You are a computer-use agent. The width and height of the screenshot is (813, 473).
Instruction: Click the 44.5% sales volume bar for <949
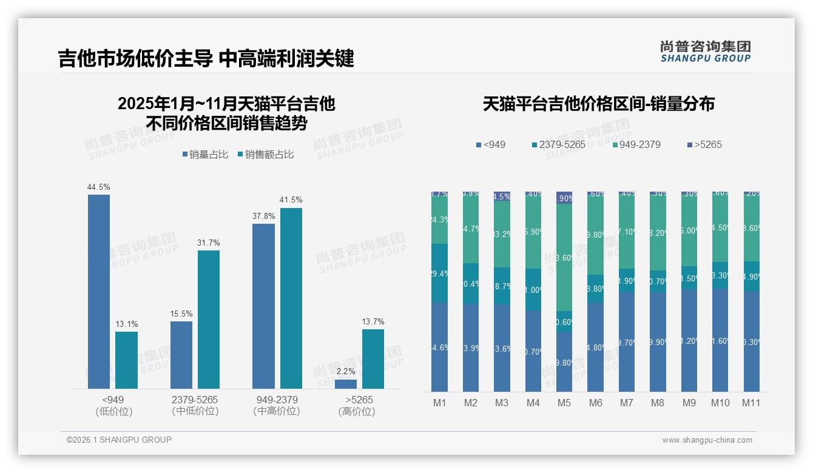pos(99,292)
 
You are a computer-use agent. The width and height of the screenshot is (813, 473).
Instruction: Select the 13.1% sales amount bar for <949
pos(126,360)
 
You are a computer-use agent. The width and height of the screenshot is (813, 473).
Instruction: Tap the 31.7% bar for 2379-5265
pos(209,320)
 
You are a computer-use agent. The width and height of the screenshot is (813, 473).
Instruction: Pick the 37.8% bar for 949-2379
pos(263,306)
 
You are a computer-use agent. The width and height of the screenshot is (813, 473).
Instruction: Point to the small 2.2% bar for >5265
pos(346,384)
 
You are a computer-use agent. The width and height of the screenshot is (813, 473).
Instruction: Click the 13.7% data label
pos(373,321)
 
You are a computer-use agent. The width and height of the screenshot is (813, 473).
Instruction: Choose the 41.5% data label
pos(291,200)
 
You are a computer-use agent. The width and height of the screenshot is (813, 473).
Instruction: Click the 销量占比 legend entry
pos(205,155)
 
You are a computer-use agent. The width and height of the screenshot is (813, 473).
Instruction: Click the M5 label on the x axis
pos(564,403)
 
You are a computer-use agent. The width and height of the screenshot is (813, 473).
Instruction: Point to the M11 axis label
pos(751,403)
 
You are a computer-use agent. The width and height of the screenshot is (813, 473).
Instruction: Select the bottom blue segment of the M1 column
pos(439,347)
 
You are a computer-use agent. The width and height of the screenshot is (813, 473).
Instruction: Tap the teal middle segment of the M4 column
pos(533,290)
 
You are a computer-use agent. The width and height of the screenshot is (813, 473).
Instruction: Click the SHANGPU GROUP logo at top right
pos(706,52)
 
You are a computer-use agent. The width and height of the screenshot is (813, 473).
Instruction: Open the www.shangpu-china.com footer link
pos(707,440)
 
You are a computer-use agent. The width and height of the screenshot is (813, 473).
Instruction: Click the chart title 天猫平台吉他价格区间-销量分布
pos(598,104)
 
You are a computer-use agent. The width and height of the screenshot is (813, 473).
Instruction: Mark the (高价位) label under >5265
pos(356,412)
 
